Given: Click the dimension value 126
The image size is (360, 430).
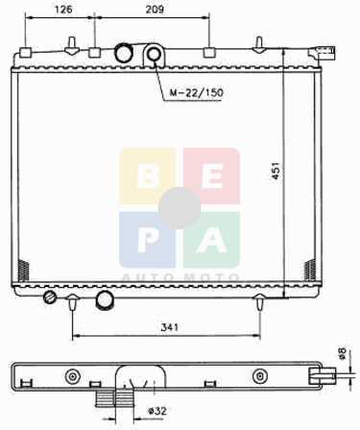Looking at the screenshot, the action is point(63,10).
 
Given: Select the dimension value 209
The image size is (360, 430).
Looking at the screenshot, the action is point(155,10).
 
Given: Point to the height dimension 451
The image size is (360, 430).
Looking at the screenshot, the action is point(276,171).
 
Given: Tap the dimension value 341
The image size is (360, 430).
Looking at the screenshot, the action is point(169,327).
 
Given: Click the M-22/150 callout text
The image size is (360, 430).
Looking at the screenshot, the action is point(196,93).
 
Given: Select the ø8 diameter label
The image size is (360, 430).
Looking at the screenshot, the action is point(342,353).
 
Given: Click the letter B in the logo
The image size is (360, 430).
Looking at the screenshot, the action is point(148,177).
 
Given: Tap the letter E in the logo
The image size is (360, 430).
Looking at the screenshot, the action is point(213,177).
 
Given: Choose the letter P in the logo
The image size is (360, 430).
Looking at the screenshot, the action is point(148,241).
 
